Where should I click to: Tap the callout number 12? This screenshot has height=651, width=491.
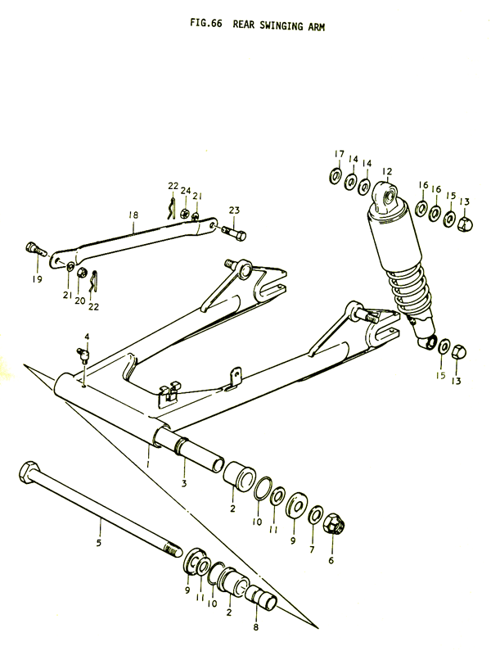tap(387, 171)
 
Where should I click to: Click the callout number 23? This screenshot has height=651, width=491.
tap(235, 210)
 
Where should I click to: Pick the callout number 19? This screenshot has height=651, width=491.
tap(37, 278)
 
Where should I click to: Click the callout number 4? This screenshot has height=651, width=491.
tap(87, 337)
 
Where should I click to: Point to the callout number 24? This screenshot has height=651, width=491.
tap(186, 192)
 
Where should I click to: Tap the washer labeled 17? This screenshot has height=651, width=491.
tap(336, 177)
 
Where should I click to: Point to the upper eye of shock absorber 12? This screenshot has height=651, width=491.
tap(385, 195)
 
